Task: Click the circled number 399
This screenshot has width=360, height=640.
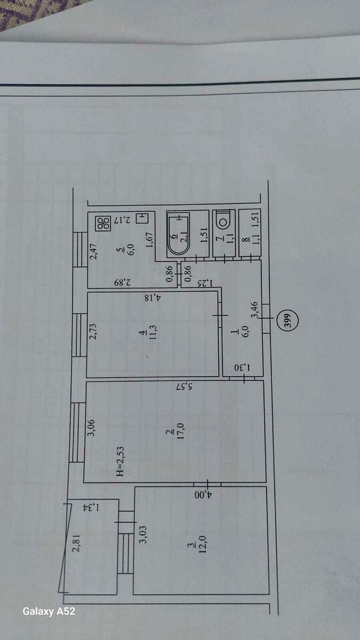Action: pos(289,321)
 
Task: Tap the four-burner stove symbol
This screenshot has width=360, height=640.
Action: pos(103,223)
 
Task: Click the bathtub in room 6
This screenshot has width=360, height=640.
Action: pos(178,234)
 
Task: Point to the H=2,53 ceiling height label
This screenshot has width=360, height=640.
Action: pos(121,461)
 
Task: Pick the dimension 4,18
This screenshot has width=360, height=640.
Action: pos(153,298)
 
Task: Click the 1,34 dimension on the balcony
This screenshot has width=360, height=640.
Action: pos(91,507)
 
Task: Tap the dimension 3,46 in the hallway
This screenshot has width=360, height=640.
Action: pos(254,310)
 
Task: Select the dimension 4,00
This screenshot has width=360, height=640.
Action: pos(203,494)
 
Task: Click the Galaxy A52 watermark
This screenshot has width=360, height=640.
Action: pos(49,611)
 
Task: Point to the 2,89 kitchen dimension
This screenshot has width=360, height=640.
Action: pos(122,283)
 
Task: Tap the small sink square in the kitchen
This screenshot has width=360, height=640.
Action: pos(142,218)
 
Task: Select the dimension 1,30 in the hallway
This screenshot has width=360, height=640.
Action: pos(242,367)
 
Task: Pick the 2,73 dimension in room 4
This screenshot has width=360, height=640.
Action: pos(93,331)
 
